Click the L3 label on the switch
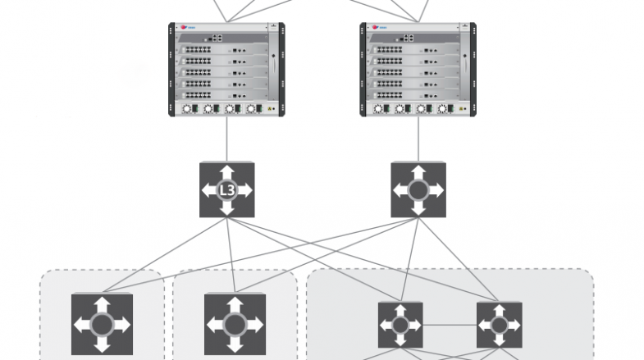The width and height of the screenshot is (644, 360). pyautogui.click(x=227, y=190)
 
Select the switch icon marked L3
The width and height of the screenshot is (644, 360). pyautogui.click(x=227, y=190)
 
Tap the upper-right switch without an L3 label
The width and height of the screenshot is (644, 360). pyautogui.click(x=418, y=190)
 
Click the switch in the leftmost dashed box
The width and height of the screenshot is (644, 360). pyautogui.click(x=102, y=324)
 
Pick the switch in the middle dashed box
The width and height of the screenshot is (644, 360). pyautogui.click(x=234, y=324)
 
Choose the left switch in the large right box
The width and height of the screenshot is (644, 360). pyautogui.click(x=400, y=325)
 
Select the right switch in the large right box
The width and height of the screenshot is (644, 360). pyautogui.click(x=500, y=325)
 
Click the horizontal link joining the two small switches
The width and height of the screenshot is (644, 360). pyautogui.click(x=450, y=325)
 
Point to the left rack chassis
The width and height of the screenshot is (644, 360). pyautogui.click(x=227, y=70)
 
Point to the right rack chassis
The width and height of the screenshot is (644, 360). pyautogui.click(x=418, y=70)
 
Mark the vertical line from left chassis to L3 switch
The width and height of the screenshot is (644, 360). pyautogui.click(x=227, y=139)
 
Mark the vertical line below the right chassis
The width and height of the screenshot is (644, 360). pyautogui.click(x=418, y=139)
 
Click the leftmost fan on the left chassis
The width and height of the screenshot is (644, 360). pyautogui.click(x=187, y=108)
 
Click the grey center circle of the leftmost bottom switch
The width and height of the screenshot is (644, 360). pyautogui.click(x=102, y=324)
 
